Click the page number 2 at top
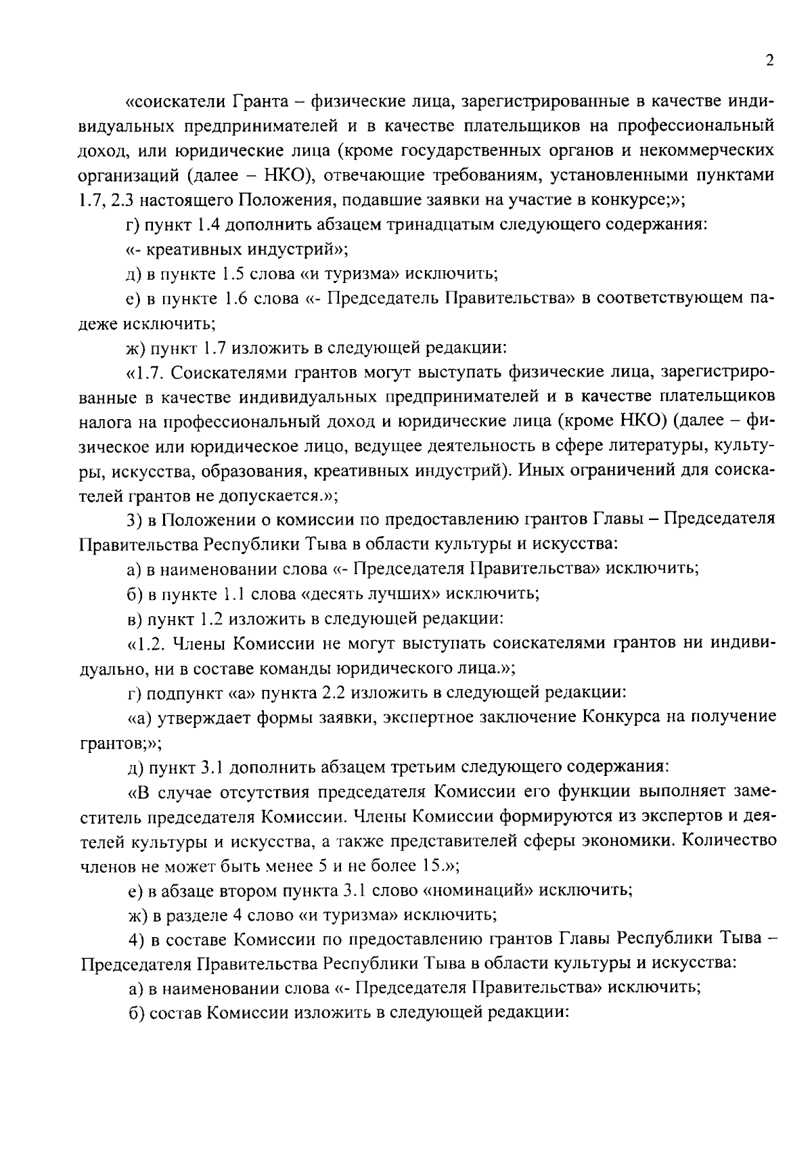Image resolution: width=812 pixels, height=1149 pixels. (x=769, y=61)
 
